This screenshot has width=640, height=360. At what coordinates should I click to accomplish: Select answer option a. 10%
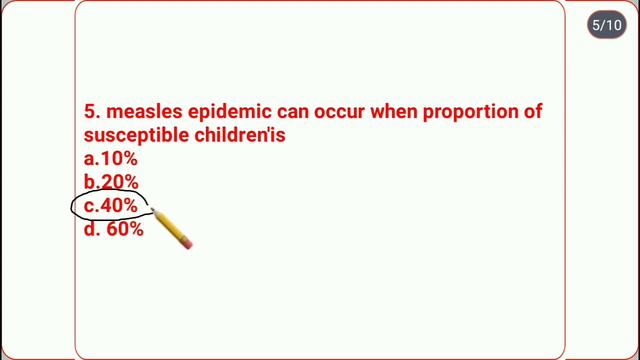[x=111, y=159]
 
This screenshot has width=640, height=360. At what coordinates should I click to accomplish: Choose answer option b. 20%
[x=111, y=182]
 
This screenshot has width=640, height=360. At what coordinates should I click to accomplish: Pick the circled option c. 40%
[x=112, y=206]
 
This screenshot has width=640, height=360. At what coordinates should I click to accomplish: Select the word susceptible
[x=127, y=135]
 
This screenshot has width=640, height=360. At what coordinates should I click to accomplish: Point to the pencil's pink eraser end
[x=186, y=241]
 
